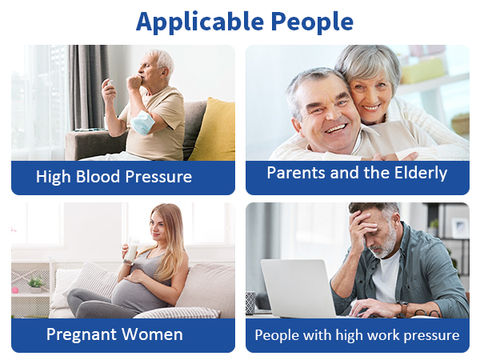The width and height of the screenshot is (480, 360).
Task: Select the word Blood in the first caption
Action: pyautogui.click(x=106, y=177)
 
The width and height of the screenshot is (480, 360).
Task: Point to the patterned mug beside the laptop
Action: pyautogui.click(x=251, y=302)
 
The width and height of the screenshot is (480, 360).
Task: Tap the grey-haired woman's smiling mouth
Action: pyautogui.click(x=371, y=106)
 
